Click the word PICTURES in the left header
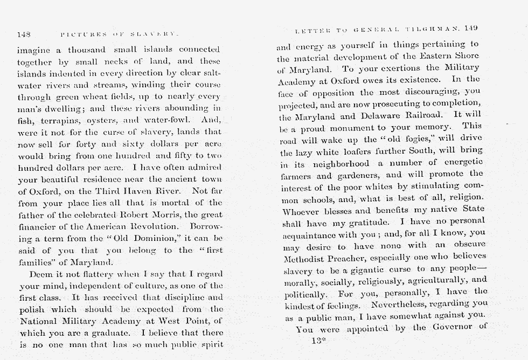[79, 34]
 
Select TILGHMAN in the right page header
[434, 29]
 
